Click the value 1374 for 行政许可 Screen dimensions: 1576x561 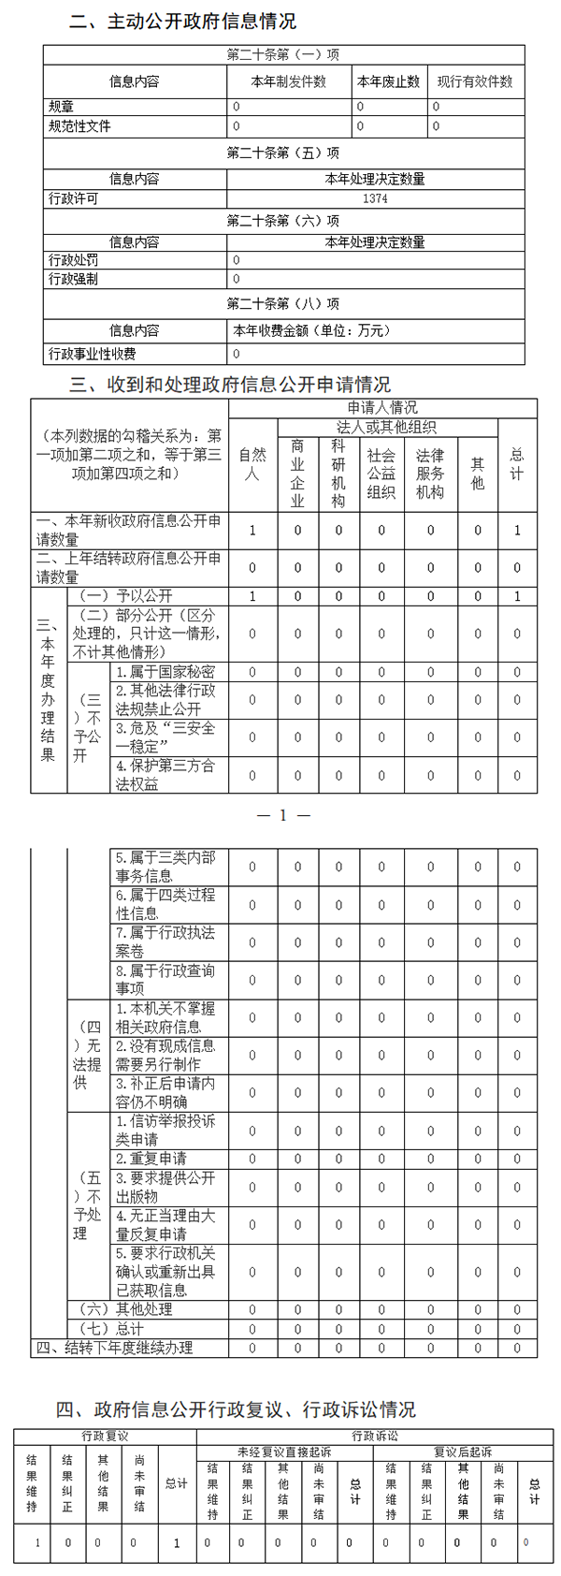[375, 198]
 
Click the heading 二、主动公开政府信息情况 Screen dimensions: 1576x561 [183, 21]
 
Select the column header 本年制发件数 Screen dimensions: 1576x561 [288, 81]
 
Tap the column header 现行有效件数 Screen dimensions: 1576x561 [475, 81]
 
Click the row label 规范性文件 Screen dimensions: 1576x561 [79, 125]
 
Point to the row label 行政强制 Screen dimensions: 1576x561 [73, 279]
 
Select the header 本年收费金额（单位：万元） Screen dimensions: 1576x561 [312, 330]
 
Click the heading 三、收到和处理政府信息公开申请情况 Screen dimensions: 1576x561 [230, 384]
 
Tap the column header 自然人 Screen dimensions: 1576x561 [252, 463]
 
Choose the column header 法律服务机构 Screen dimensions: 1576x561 [430, 474]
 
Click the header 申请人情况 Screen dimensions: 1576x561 [382, 408]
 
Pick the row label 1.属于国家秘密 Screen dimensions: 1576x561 [165, 671]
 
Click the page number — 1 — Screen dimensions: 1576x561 [282, 815]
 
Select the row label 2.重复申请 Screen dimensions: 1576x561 [151, 1158]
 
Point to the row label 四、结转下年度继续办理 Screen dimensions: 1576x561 [115, 1348]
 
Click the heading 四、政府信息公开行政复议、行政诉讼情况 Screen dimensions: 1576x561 [235, 1409]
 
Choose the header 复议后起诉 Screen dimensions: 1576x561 [463, 1452]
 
